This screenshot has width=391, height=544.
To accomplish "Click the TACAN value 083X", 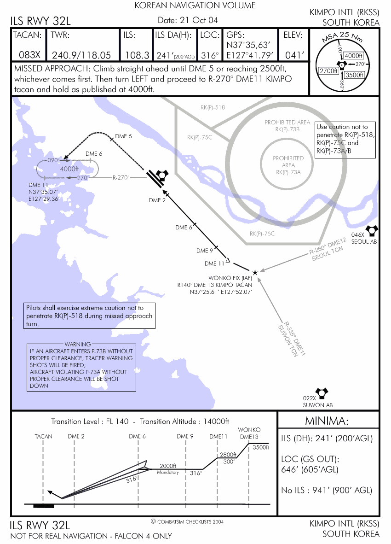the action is pos(29,55).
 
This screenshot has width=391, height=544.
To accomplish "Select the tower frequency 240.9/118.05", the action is pos(81,55).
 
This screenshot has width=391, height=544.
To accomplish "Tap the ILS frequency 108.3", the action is pos(137,55).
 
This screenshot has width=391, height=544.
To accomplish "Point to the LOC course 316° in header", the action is pos(210,55).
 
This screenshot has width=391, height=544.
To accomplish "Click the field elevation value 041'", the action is pos(294,55).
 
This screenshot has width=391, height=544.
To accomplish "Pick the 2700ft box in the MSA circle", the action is pos(328,71).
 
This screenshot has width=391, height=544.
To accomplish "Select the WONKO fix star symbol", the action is pos(255,272).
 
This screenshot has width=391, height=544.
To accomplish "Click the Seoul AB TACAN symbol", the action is pos(372,230).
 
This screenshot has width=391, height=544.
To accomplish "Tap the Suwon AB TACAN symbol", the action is pos(322,392).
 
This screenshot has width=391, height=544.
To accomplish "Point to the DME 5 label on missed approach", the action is pos(123,136).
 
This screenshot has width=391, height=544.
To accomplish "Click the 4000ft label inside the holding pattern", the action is pos(69,169).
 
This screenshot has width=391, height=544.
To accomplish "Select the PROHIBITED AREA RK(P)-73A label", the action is pos(288,165).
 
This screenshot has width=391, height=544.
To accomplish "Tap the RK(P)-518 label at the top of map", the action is pos(213,107).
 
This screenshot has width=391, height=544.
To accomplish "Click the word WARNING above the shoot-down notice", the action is pos(78,344).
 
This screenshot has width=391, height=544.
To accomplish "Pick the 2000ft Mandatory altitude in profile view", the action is pos(168,469).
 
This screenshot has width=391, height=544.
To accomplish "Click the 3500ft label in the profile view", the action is pos(261,447).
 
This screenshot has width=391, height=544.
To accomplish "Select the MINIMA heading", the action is pos(327,421).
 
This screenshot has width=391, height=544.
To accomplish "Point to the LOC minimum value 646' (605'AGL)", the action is pos(310,469).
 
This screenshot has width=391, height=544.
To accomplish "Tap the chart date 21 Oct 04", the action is pos(199,20).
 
